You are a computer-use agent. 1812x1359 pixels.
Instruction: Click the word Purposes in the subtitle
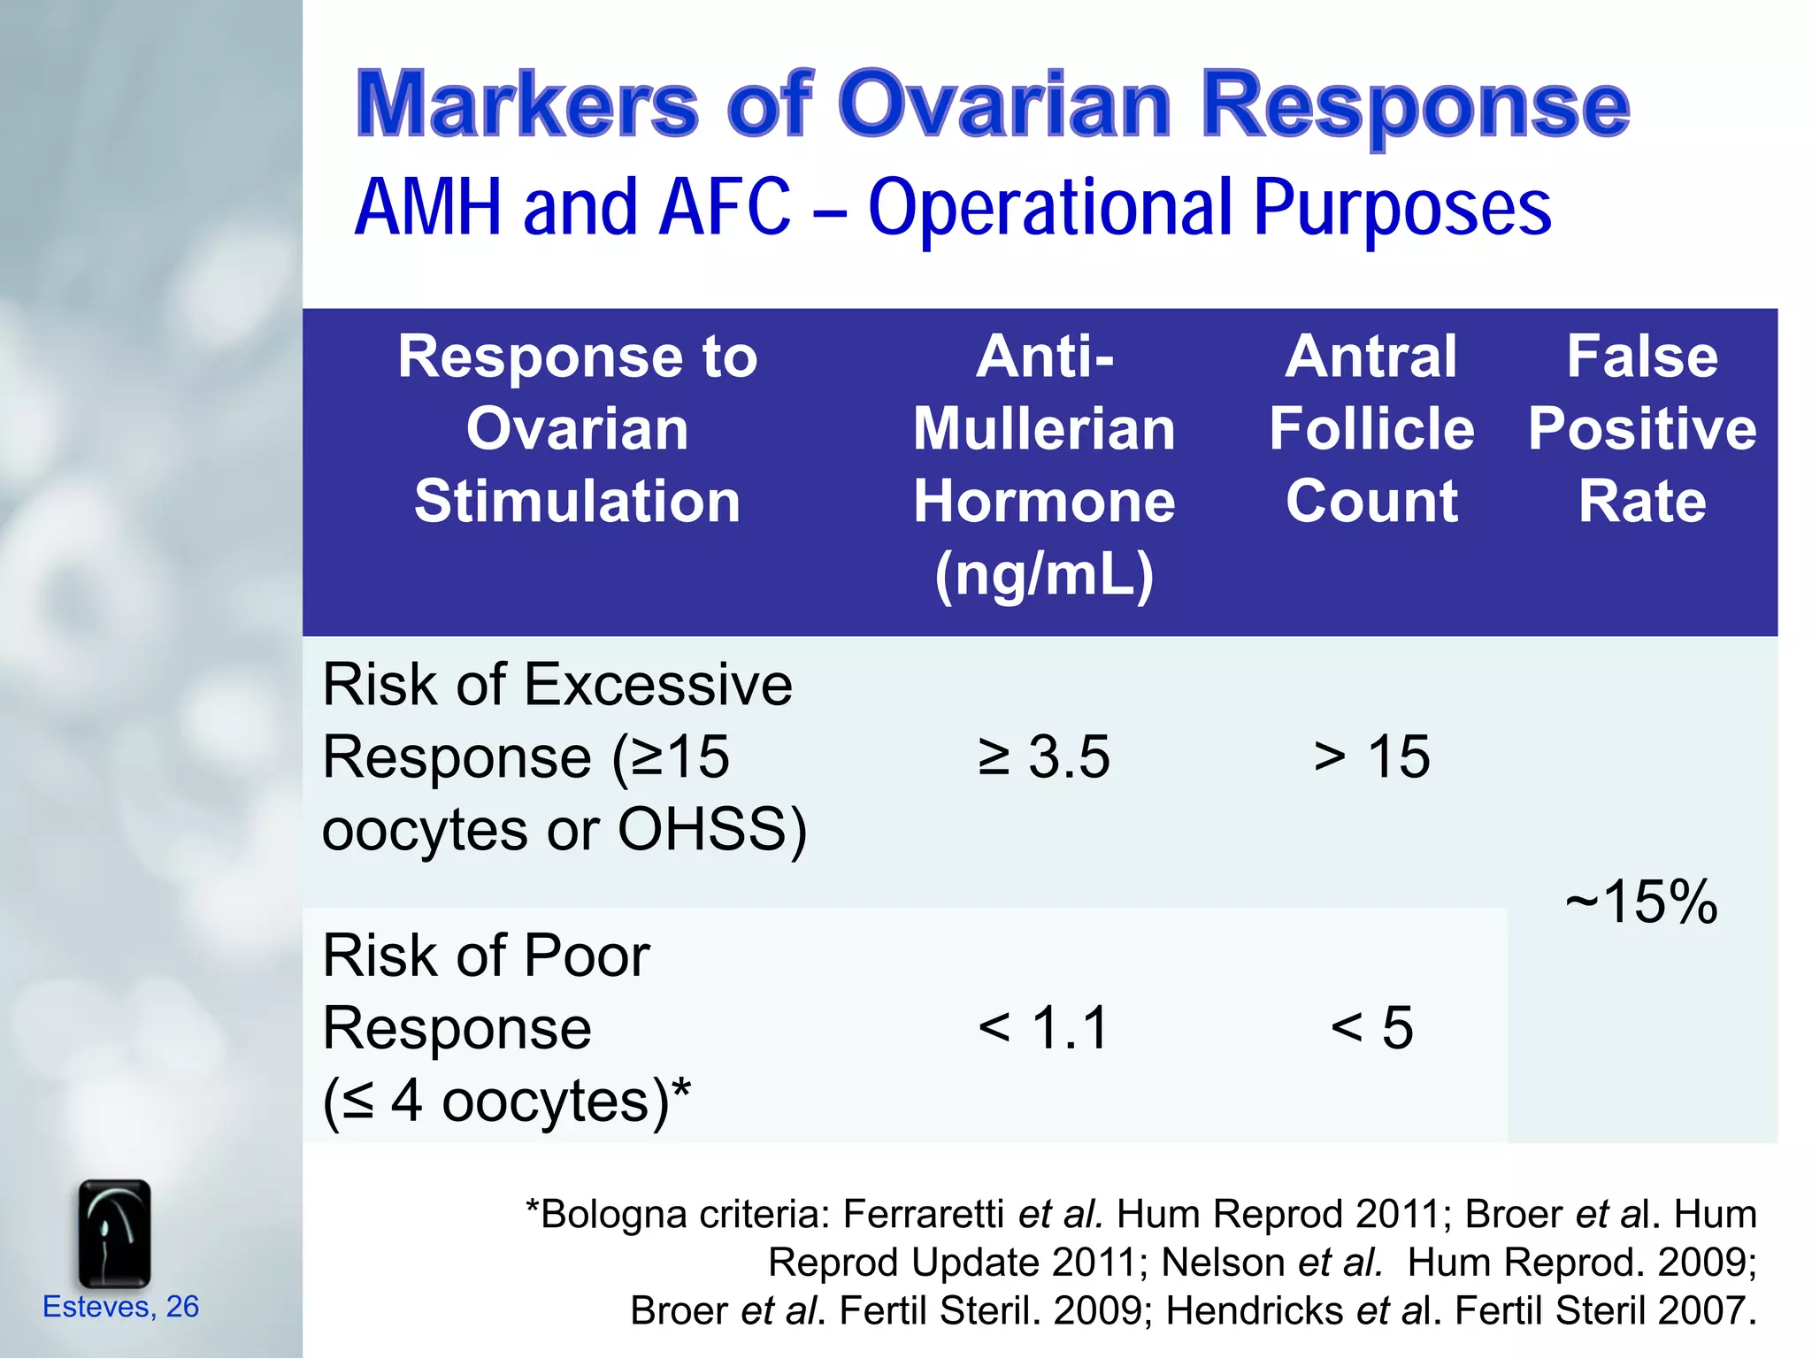tap(1402, 209)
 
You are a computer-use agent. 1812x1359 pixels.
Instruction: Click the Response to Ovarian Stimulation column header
tap(577, 429)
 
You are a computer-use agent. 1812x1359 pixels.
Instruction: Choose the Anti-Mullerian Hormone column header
tap(1044, 429)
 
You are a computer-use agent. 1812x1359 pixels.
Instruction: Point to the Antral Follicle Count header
tap(1371, 429)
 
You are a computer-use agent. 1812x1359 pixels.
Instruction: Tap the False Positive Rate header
tap(1642, 429)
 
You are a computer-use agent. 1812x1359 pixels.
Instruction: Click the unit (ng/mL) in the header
tap(1044, 575)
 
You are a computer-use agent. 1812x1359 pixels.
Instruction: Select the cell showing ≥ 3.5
tap(1044, 757)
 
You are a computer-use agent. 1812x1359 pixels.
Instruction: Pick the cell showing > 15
tap(1371, 757)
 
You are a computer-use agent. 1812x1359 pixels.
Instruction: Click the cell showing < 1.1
tap(1044, 1028)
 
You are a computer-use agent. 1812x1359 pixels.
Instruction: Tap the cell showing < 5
tap(1371, 1028)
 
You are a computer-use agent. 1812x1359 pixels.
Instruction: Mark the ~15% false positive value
tap(1642, 902)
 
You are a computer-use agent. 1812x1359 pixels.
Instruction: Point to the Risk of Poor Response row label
tap(487, 1028)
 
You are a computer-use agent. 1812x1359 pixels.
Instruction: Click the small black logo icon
tap(114, 1233)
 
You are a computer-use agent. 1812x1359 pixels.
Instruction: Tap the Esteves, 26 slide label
tap(120, 1307)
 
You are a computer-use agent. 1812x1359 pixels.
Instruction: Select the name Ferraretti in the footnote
tap(923, 1214)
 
